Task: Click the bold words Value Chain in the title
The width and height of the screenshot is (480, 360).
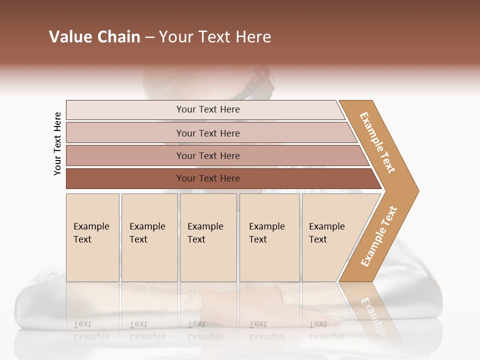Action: [x=94, y=37]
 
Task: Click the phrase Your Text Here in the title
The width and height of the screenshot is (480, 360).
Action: [x=215, y=37]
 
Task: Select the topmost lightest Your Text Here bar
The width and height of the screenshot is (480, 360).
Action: [x=207, y=109]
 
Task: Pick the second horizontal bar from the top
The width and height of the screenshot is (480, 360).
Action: [x=207, y=133]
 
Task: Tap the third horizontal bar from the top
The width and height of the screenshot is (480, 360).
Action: [x=207, y=155]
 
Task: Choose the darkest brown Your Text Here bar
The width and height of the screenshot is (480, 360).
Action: [x=207, y=178]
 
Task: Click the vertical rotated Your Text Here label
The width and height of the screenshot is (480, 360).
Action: [x=57, y=143]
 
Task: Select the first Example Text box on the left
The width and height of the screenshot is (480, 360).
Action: [x=92, y=237]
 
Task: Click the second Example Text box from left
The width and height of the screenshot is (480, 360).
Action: [x=149, y=237]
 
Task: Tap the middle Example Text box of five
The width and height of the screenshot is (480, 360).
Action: [x=208, y=237]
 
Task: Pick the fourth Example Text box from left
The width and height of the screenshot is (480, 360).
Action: [x=269, y=237]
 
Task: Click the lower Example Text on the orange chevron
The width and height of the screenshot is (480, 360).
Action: [x=379, y=236]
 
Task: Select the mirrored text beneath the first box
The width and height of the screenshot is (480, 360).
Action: [x=91, y=330]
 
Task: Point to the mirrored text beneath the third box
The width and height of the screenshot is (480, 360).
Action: [x=205, y=330]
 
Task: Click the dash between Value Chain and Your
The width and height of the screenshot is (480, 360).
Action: [x=149, y=37]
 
